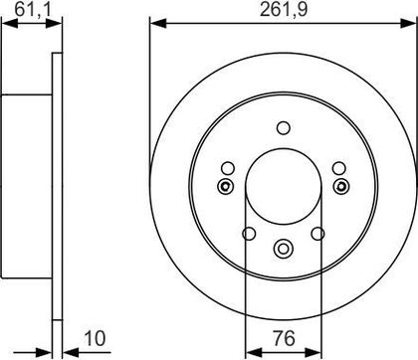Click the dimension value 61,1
pyautogui.click(x=33, y=10)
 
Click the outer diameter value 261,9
pyautogui.click(x=284, y=10)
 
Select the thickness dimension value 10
pyautogui.click(x=95, y=338)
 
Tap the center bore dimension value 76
pyautogui.click(x=285, y=338)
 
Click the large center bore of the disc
pyautogui.click(x=284, y=186)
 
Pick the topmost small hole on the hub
pyautogui.click(x=284, y=128)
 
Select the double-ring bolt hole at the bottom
pyautogui.click(x=284, y=249)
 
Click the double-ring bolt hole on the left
pyautogui.click(x=225, y=186)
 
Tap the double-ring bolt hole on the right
pyautogui.click(x=341, y=186)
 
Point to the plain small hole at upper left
pyautogui.click(x=228, y=168)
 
